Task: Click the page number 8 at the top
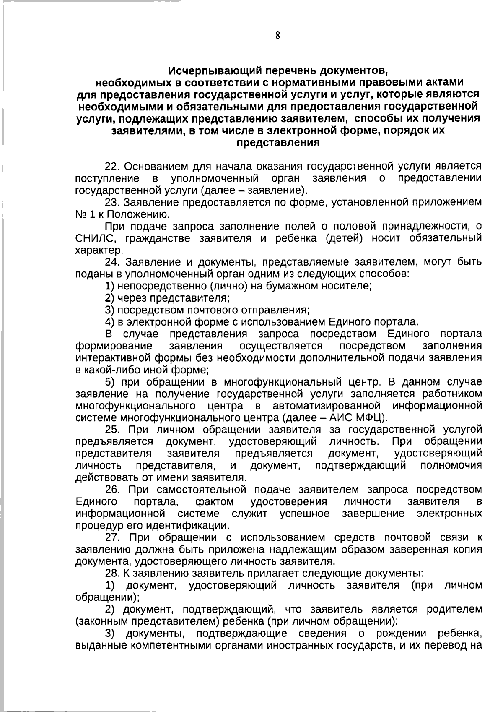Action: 277,36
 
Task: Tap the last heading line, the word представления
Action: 278,143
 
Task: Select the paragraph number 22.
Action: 112,166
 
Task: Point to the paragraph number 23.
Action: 112,203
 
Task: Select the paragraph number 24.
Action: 112,263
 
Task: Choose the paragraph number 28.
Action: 112,574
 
